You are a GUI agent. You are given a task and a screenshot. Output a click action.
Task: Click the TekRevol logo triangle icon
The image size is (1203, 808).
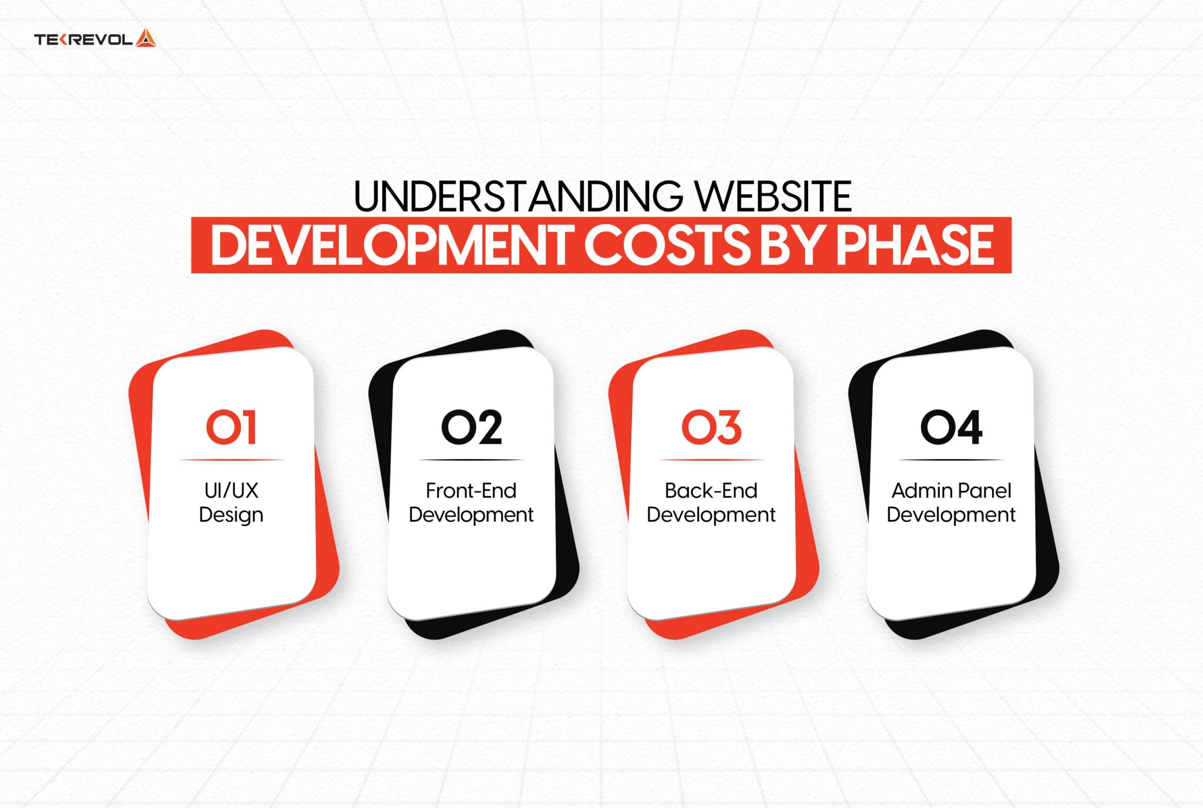(x=146, y=38)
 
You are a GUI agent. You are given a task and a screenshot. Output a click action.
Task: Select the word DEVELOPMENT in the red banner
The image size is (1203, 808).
(x=391, y=245)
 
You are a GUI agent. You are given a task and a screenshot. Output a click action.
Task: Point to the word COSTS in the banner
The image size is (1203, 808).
(x=667, y=245)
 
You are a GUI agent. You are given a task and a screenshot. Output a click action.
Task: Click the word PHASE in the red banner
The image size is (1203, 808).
(x=915, y=245)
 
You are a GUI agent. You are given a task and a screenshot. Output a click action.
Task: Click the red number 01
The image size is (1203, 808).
(x=231, y=427)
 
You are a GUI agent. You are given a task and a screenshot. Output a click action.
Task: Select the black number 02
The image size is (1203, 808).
(x=472, y=427)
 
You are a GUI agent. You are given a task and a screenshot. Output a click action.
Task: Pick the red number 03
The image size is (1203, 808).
(x=711, y=427)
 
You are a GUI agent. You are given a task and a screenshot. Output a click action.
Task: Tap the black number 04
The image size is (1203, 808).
(x=951, y=427)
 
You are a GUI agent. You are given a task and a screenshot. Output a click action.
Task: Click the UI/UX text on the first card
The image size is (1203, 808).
(x=231, y=490)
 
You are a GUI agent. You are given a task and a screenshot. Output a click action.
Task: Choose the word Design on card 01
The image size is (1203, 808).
(x=231, y=515)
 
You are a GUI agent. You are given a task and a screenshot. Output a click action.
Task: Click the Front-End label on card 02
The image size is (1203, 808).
(x=471, y=490)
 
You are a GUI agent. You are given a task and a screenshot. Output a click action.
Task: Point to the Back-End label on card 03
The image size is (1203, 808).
(x=711, y=490)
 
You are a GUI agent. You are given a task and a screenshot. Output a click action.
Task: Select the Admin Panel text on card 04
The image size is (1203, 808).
(x=951, y=490)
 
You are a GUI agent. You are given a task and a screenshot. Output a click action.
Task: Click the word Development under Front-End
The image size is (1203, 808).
(x=471, y=515)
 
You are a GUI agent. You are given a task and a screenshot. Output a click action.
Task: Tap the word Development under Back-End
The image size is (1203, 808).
(x=711, y=515)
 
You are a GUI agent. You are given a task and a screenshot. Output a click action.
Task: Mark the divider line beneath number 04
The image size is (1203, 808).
(x=951, y=460)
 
